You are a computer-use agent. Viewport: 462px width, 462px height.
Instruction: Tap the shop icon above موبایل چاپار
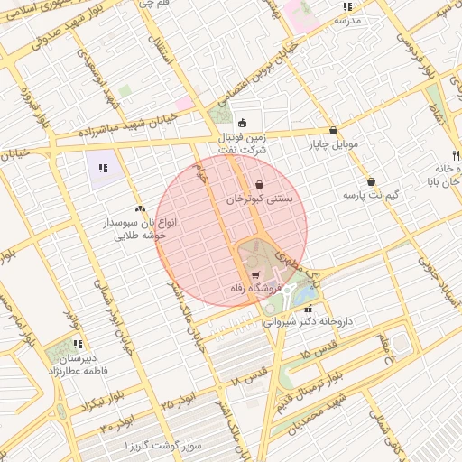point(334,130)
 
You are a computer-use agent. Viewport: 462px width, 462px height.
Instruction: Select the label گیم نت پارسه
point(371,195)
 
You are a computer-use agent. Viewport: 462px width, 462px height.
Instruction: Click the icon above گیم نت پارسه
point(371,181)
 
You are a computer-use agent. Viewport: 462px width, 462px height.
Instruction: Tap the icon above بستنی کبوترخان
point(260,184)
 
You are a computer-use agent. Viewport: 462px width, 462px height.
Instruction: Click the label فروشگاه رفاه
point(255,289)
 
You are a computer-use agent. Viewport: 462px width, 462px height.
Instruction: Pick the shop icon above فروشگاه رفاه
point(255,275)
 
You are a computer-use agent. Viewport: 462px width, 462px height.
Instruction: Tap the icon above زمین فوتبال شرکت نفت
point(242,123)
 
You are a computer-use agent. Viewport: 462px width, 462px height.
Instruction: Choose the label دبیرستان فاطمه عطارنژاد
point(78,364)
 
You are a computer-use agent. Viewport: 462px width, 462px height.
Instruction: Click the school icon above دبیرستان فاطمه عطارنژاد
point(78,344)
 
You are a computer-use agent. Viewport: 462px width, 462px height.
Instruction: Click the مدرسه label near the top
point(347,19)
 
